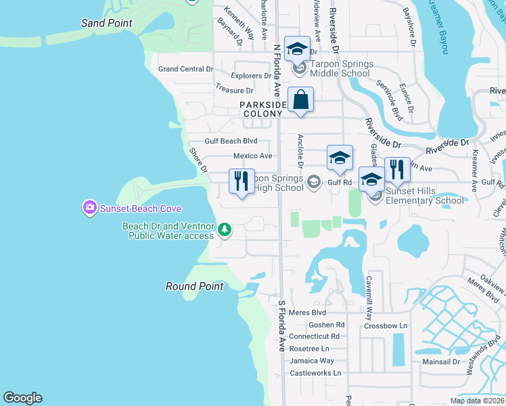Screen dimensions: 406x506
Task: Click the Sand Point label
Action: (106, 23)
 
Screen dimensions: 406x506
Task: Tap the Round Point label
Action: (194, 286)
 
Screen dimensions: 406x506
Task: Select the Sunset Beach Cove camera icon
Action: (89, 208)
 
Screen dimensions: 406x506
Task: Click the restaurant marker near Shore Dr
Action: (241, 181)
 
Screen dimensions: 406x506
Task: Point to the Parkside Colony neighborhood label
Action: (260, 109)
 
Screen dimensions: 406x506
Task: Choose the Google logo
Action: (22, 398)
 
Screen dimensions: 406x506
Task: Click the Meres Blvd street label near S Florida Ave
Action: (307, 312)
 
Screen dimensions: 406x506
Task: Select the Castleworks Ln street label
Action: (315, 373)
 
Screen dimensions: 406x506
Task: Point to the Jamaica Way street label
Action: (312, 361)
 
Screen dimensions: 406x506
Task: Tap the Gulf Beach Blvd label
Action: (232, 141)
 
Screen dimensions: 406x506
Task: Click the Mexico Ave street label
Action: (252, 156)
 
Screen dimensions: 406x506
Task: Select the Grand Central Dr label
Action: (185, 69)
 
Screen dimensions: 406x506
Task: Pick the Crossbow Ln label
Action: (385, 325)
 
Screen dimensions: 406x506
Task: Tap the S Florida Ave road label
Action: (281, 325)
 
